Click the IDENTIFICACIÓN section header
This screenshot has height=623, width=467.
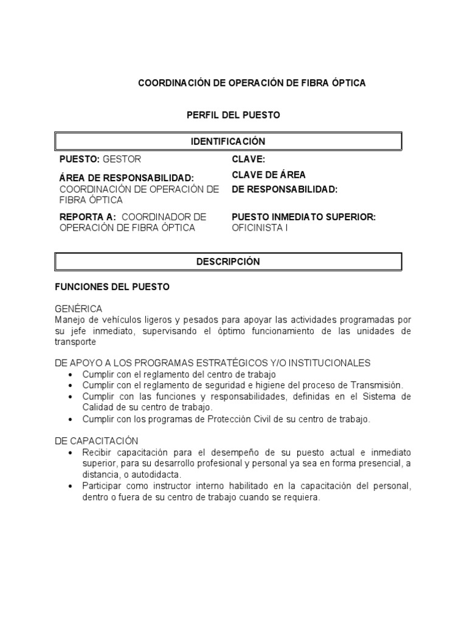click(228, 141)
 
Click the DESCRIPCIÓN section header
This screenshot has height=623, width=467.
click(228, 262)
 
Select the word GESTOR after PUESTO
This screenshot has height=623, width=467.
click(122, 159)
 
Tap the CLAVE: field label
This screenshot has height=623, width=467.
click(248, 159)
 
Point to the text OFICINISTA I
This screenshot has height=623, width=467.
click(260, 228)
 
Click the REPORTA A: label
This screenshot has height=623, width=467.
click(88, 217)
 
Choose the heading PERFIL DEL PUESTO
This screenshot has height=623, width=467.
click(233, 115)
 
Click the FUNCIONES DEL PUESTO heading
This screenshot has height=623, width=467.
click(112, 287)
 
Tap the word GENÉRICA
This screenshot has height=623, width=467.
click(78, 308)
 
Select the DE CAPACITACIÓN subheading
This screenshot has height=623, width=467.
click(97, 440)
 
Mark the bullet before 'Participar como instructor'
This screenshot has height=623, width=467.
click(72, 486)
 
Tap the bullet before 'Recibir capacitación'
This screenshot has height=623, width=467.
click(72, 453)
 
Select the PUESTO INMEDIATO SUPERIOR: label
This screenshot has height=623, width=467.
click(303, 217)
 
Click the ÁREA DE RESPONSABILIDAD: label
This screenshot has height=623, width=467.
click(126, 178)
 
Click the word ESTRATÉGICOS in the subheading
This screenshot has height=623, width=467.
click(244, 363)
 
